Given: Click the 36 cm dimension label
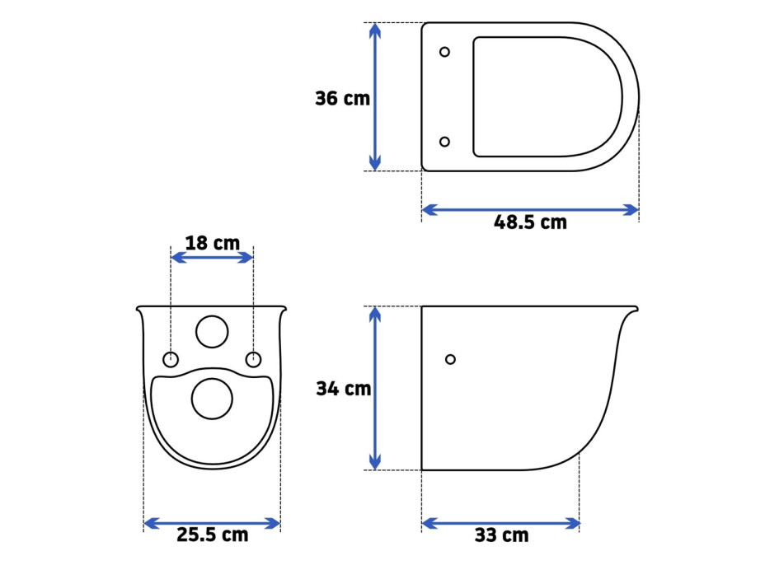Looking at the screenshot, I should [342, 99].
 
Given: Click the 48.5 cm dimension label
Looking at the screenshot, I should [530, 222].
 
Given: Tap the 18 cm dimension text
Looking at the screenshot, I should [212, 243].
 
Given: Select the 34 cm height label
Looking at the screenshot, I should [344, 389].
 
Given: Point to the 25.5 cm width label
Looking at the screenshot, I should [212, 535].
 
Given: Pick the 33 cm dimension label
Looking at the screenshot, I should [501, 536].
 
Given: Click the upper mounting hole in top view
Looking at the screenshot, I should [445, 52].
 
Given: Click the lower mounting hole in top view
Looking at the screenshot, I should [445, 142].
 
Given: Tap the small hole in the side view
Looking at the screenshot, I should [450, 359].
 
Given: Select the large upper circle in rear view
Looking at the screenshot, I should [212, 332].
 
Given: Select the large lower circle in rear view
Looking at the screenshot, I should [212, 399].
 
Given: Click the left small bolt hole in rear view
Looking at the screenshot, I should [171, 359].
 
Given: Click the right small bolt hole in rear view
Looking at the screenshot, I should [253, 359].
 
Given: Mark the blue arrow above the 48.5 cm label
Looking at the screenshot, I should [530, 209].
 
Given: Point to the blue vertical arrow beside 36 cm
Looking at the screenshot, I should [375, 97].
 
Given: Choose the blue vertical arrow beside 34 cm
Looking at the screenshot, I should [375, 388].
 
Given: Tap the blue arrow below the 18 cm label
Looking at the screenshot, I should [212, 258].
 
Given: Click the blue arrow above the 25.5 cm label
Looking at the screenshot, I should [212, 522].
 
